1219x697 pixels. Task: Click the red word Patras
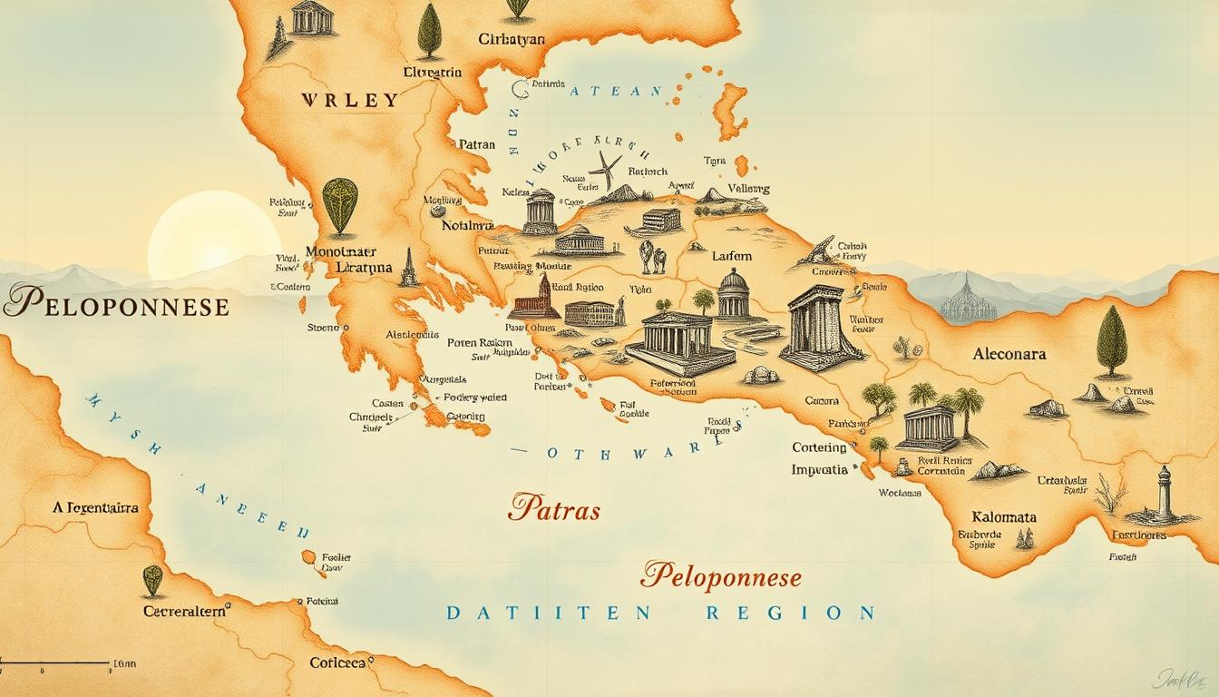click(554, 509)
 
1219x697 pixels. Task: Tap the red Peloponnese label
click(721, 575)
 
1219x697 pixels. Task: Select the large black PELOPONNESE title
click(115, 305)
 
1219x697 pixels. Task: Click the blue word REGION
click(789, 613)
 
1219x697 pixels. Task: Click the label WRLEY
click(350, 100)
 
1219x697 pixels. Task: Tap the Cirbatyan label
click(512, 39)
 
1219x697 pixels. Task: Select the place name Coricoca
click(337, 663)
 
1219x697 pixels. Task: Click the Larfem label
click(732, 257)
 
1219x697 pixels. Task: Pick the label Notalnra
click(467, 225)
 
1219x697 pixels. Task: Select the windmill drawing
click(605, 170)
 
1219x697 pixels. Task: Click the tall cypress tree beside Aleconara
click(1111, 341)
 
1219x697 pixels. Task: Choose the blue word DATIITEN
click(549, 613)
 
